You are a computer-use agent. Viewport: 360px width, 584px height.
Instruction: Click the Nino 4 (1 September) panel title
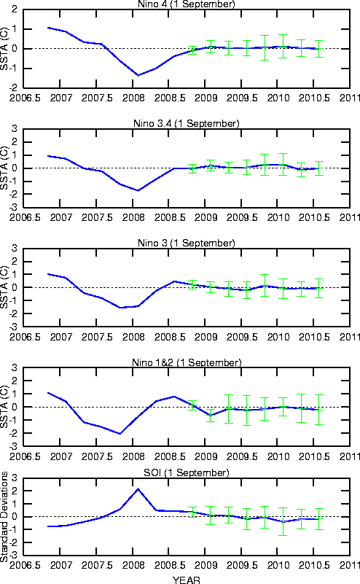[186, 4]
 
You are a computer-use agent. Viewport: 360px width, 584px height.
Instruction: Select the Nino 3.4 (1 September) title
[186, 124]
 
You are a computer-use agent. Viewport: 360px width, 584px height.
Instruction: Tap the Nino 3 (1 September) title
[186, 244]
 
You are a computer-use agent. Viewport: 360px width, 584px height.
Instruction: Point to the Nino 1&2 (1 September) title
[187, 363]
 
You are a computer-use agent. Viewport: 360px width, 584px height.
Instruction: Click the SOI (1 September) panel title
[186, 473]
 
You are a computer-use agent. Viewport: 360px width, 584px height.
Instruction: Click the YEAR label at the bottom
[186, 580]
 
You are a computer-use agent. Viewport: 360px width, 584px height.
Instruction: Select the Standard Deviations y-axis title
[4, 517]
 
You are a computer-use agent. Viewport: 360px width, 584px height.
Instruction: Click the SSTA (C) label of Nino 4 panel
[4, 48]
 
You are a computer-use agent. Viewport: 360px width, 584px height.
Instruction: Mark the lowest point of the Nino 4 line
[138, 75]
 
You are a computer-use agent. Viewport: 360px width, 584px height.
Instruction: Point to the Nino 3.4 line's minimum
[138, 191]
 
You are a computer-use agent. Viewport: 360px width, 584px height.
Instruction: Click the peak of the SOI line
[138, 489]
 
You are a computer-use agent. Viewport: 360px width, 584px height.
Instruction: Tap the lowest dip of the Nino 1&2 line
[120, 434]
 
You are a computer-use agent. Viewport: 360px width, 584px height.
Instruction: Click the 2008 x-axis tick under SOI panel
[133, 565]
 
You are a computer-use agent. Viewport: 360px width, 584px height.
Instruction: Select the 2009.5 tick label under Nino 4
[242, 98]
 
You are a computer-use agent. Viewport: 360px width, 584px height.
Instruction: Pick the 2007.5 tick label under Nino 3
[97, 337]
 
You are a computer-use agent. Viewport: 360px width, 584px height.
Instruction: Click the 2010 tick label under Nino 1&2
[278, 456]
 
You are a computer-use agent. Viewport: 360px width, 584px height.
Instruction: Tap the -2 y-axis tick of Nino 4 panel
[14, 88]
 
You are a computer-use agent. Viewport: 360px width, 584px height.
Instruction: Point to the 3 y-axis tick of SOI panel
[15, 478]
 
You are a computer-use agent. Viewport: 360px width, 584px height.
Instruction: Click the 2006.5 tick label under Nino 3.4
[25, 217]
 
